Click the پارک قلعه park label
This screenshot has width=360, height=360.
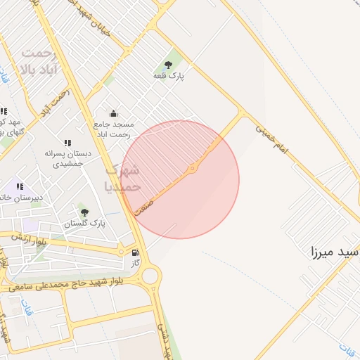[x=168, y=75]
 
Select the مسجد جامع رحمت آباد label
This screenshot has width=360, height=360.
[x=112, y=129]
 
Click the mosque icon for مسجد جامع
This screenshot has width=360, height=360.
[x=113, y=114]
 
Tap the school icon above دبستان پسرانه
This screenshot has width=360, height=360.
[x=67, y=143]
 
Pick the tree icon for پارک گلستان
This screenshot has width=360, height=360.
[x=85, y=212]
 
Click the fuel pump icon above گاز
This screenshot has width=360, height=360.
[x=135, y=253]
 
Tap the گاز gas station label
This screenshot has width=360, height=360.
[x=136, y=263]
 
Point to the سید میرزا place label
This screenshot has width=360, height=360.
[x=335, y=250]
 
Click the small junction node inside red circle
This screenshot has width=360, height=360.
[x=193, y=168]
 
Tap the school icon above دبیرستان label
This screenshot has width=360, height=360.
[x=20, y=186]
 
